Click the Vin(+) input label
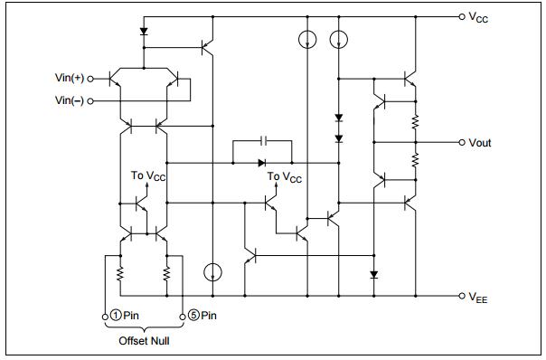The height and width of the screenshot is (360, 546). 68,79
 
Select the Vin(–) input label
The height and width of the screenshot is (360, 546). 68,99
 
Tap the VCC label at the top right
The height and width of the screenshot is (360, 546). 478,18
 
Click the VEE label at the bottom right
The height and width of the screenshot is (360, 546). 478,298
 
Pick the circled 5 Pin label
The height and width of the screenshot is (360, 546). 203,316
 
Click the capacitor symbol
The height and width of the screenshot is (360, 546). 263,142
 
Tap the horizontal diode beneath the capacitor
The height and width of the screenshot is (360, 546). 262,164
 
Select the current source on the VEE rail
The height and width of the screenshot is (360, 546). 212,271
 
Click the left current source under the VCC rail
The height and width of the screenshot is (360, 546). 306,40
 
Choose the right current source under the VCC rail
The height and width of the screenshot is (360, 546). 339,40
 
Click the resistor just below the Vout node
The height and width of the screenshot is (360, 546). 416,161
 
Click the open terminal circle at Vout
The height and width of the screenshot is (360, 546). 462,143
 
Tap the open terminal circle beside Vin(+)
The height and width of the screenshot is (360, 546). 90,79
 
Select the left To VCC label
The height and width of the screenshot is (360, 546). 148,175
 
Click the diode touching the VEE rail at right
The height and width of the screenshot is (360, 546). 372,273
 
